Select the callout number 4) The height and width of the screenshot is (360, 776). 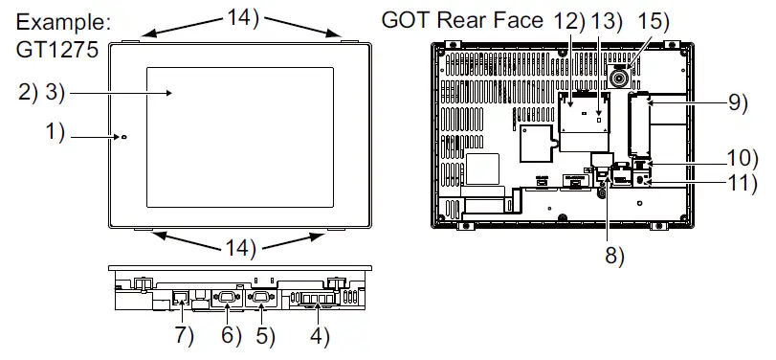pos(319,336)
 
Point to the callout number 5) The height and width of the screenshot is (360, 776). pos(263,336)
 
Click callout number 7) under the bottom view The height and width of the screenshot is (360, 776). pos(183,336)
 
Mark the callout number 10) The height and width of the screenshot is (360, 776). pos(742,158)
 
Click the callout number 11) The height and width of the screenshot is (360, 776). pos(742,183)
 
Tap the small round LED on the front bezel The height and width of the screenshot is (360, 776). pos(123,138)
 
